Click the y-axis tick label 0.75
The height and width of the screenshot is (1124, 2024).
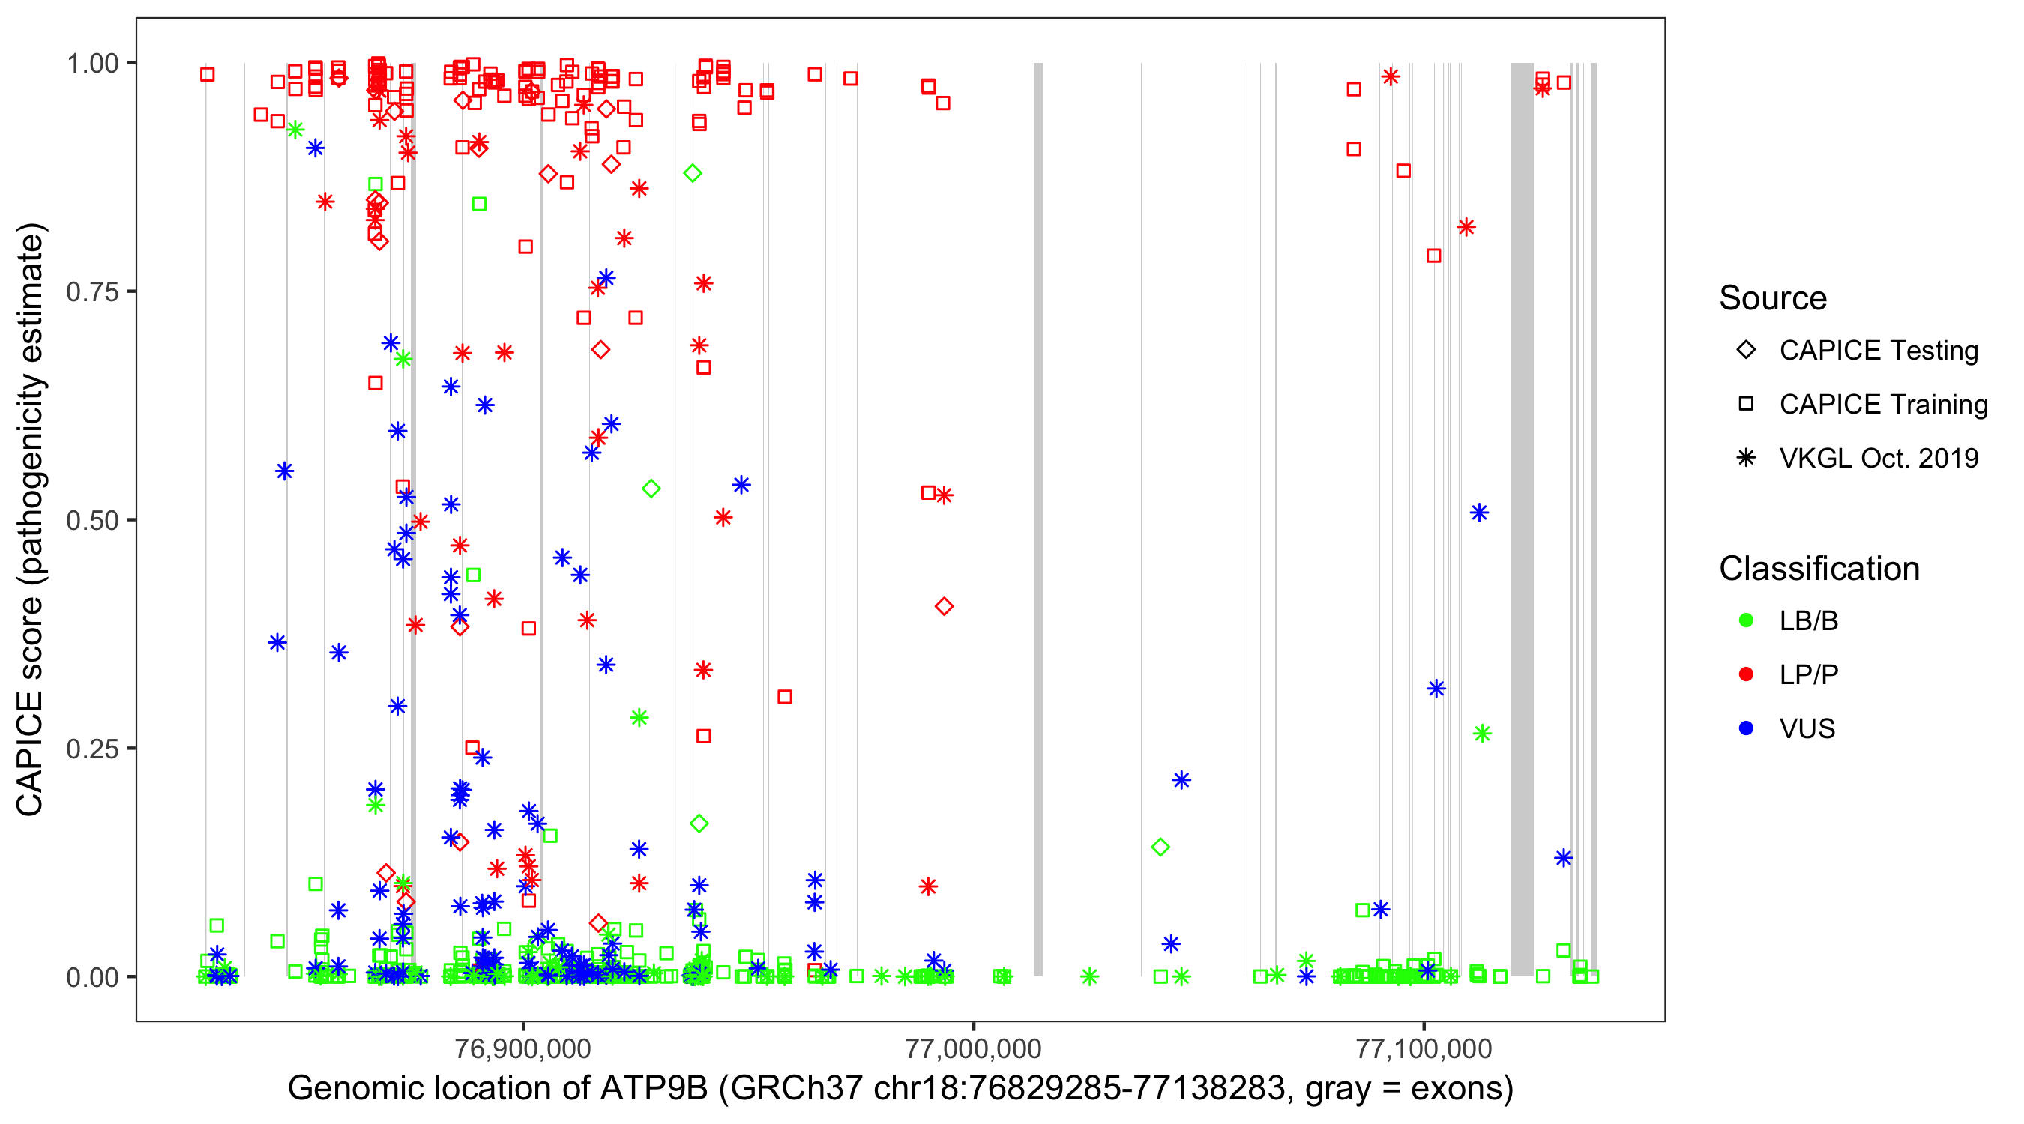91,291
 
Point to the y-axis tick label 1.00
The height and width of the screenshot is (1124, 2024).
91,63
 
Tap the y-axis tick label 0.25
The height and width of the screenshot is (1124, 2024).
91,749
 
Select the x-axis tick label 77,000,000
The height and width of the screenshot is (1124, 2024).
973,1048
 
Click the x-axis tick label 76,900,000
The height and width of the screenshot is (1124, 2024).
522,1048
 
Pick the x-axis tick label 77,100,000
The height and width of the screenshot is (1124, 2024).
1424,1048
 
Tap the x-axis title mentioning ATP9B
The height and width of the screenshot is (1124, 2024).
900,1089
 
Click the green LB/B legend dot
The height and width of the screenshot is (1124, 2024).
1746,621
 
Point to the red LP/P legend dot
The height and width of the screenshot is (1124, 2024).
1746,674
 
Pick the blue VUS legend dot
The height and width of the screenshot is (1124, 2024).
1746,729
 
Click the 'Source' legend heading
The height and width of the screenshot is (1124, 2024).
1773,298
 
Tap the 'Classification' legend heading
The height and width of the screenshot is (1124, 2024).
1819,569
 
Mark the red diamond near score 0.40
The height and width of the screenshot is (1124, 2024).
945,606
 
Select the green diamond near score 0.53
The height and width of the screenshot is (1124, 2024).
651,489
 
